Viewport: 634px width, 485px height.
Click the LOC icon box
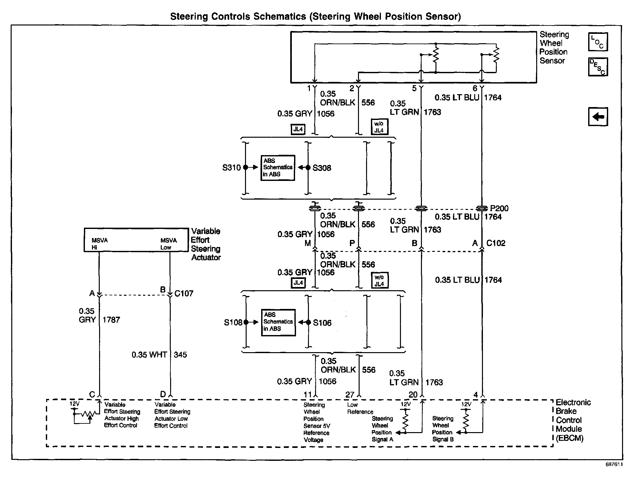[598, 42]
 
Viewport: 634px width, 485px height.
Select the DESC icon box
[598, 67]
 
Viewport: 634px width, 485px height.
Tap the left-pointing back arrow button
[598, 116]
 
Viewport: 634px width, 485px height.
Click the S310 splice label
[231, 168]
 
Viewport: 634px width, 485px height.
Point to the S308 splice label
[322, 168]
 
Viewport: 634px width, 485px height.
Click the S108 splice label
[233, 322]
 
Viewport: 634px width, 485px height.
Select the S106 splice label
[322, 322]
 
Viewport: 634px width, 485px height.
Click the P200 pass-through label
[499, 208]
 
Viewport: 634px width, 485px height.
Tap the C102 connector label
[496, 243]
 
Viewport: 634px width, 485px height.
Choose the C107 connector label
[184, 293]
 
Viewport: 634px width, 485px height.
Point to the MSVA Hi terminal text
[99, 244]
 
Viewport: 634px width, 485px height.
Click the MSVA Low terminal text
[169, 244]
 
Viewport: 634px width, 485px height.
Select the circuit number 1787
[111, 320]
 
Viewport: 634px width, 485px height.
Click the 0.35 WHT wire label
[149, 355]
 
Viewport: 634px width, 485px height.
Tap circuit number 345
[180, 355]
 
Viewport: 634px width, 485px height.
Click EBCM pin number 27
[350, 395]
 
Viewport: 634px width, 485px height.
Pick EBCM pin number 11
[307, 395]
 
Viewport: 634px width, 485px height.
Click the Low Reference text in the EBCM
[360, 408]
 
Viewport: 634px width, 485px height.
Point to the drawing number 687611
[614, 465]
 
